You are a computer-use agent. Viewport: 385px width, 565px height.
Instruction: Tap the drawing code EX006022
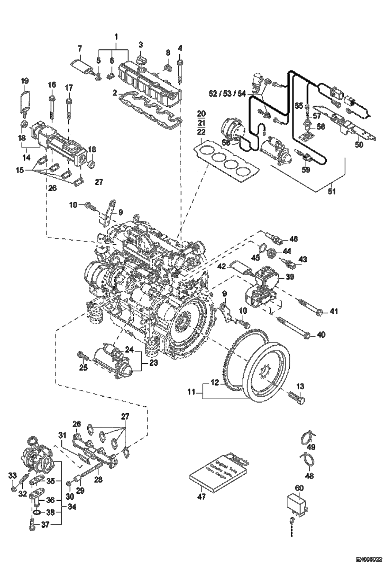pyautogui.click(x=369, y=559)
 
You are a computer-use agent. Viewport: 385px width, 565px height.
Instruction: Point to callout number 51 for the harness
pyautogui.click(x=332, y=192)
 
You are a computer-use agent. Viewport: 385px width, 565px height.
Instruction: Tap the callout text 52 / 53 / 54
pyautogui.click(x=227, y=94)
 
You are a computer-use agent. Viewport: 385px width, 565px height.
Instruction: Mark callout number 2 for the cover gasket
pyautogui.click(x=115, y=92)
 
